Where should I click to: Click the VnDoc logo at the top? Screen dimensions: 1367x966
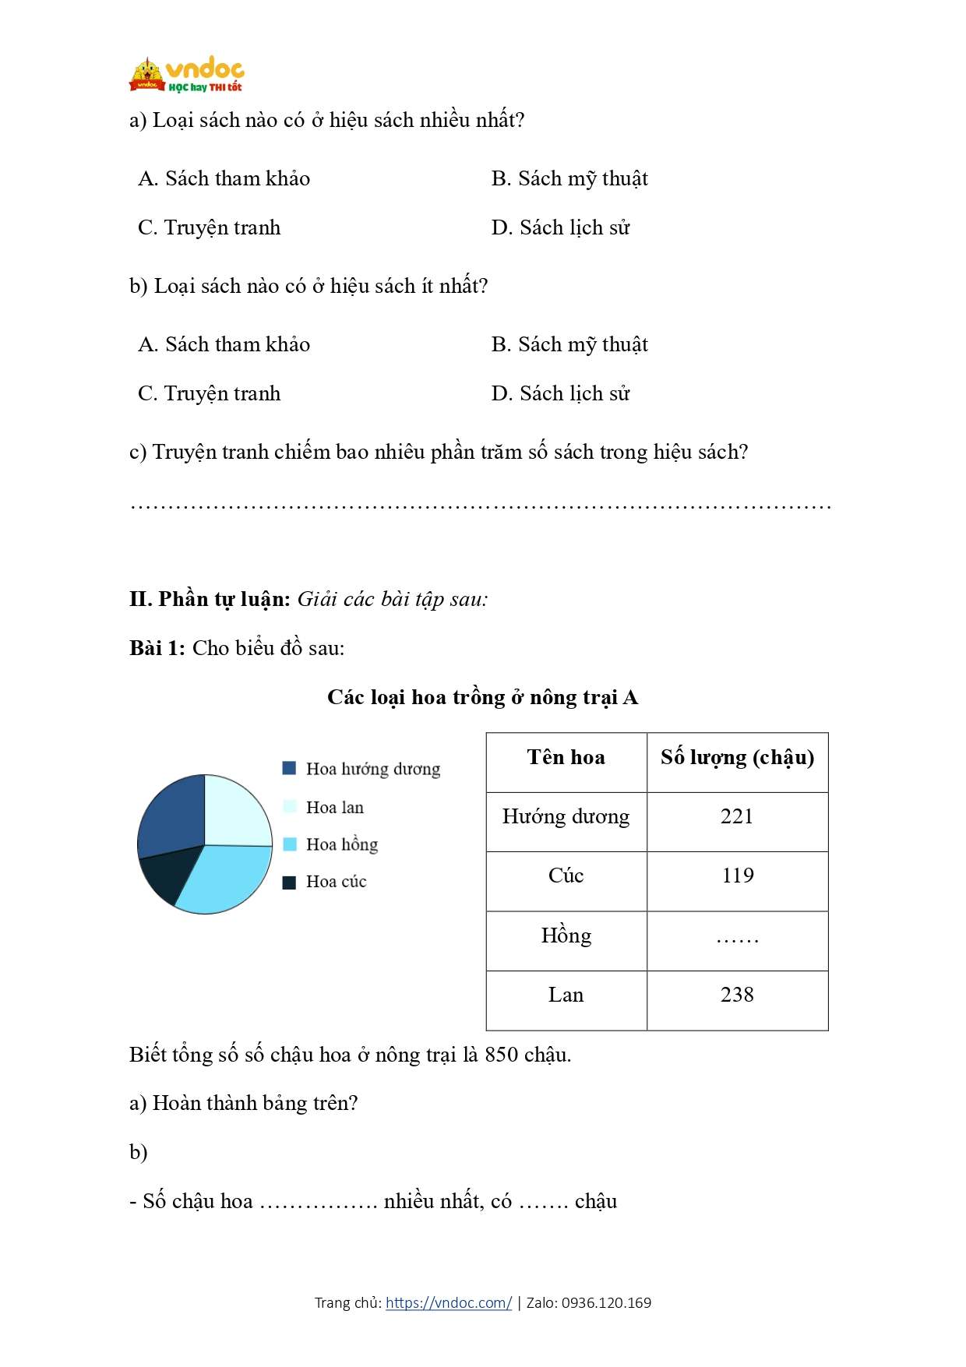click(187, 76)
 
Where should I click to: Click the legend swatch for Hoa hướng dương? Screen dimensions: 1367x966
click(289, 769)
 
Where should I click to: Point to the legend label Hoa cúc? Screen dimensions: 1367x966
click(336, 882)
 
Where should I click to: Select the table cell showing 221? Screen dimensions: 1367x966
click(737, 816)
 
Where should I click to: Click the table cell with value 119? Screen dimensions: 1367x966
click(737, 876)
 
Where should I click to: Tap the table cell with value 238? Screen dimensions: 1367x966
click(737, 995)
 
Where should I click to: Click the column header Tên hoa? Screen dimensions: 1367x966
click(566, 757)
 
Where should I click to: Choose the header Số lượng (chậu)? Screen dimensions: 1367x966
click(737, 757)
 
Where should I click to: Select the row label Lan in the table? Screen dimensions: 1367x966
click(566, 995)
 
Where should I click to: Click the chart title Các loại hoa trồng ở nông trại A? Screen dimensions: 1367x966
click(482, 697)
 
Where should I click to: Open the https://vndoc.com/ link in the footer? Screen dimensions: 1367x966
click(449, 1302)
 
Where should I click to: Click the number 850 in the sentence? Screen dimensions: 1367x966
click(501, 1055)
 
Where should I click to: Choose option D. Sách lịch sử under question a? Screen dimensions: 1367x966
click(560, 227)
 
